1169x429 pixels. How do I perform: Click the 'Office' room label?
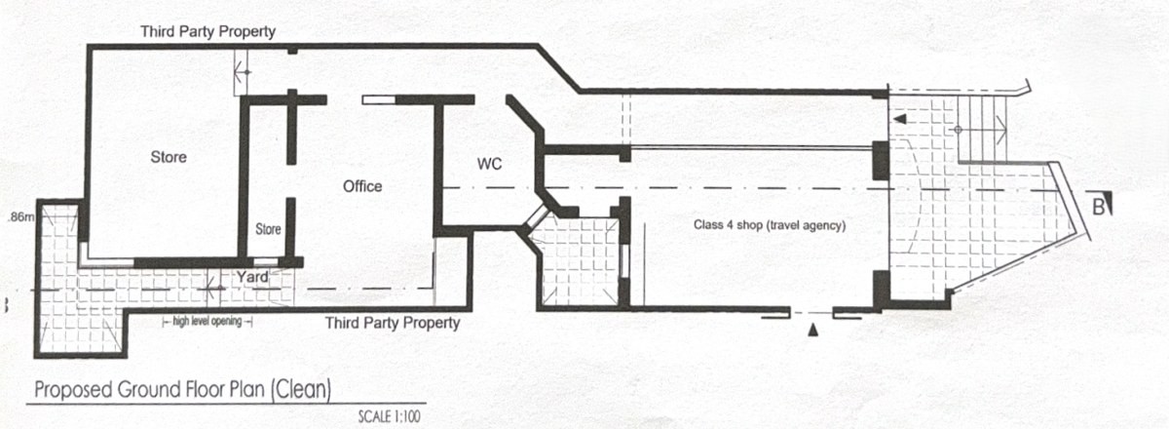[x=362, y=186]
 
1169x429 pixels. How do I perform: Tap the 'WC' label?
[x=489, y=165]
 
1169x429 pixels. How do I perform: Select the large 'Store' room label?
[x=169, y=156]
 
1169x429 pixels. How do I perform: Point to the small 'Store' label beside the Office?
[x=268, y=230]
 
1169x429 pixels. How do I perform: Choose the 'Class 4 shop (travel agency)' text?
[x=769, y=225]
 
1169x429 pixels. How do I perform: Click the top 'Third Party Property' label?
[x=207, y=31]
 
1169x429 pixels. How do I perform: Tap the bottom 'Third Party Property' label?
[x=393, y=322]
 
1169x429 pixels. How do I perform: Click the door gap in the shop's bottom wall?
[x=811, y=314]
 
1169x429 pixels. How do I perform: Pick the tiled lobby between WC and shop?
[x=579, y=261]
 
